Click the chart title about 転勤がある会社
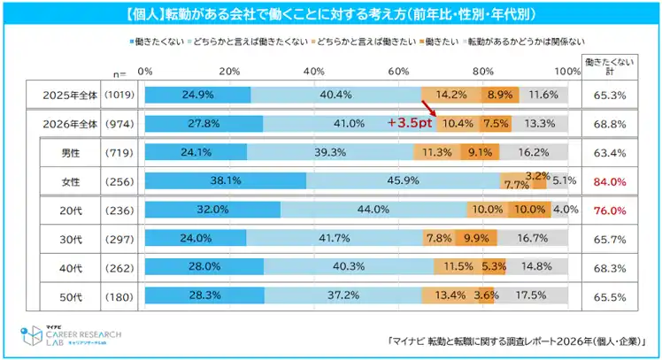tap(330, 15)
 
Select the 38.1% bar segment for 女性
tap(225, 180)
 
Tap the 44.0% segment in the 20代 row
tap(373, 210)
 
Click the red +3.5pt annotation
tap(408, 123)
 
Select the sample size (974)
tap(118, 123)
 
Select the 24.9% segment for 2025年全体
tap(197, 94)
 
